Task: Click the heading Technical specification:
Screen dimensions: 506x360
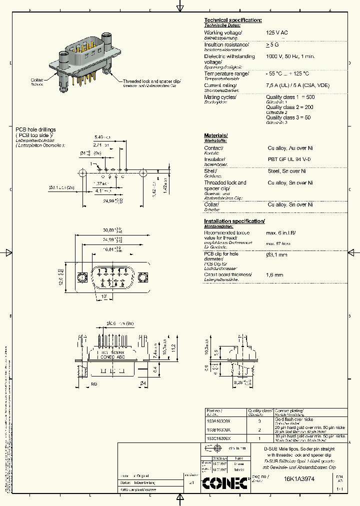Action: point(232,20)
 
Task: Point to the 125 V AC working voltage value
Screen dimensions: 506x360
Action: point(276,32)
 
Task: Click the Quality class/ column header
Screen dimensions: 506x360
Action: point(260,410)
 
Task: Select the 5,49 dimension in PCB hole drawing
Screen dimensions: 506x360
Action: point(100,137)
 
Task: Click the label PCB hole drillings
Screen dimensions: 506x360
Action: point(35,129)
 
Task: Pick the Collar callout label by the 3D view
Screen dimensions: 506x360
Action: point(37,80)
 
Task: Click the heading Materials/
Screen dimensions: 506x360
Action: point(216,135)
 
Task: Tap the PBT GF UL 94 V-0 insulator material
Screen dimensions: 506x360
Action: point(289,159)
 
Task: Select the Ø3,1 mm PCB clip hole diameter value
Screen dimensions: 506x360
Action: point(276,255)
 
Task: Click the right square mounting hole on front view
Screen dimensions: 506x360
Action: point(143,276)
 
